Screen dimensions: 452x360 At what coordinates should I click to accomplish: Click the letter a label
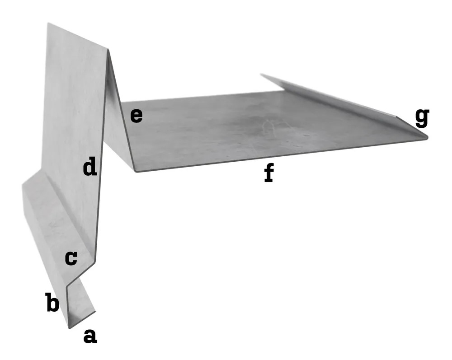click(x=90, y=337)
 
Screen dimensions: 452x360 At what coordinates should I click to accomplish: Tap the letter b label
click(x=52, y=302)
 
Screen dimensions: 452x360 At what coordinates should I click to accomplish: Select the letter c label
click(x=71, y=258)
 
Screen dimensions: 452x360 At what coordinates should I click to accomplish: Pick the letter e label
click(x=137, y=116)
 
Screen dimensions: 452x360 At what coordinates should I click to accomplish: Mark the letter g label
click(x=422, y=117)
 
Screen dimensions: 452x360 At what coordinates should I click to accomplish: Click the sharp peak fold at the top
click(x=108, y=50)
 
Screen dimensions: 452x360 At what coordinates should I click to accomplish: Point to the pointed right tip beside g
click(x=427, y=138)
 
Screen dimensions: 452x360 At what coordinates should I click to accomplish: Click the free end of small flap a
click(x=95, y=312)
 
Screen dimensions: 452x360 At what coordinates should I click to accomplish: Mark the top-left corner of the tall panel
click(x=48, y=23)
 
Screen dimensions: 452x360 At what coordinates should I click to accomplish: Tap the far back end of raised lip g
click(x=261, y=75)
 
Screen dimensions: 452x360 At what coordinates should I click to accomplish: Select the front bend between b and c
click(x=67, y=286)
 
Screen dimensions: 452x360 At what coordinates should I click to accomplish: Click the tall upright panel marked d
click(x=75, y=130)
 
